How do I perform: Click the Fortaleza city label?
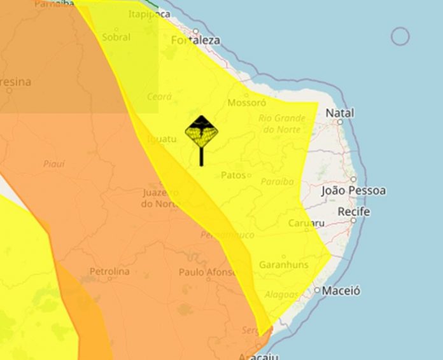click(x=196, y=40)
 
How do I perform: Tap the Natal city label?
click(x=339, y=113)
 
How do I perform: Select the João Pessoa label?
click(x=353, y=191)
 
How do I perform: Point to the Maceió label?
click(x=341, y=291)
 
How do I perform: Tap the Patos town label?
click(x=233, y=175)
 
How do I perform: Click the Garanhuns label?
click(x=283, y=265)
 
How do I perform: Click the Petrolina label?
click(x=109, y=272)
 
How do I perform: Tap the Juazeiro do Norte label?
click(x=159, y=198)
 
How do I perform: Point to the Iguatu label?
click(x=160, y=139)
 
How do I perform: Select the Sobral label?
click(x=116, y=38)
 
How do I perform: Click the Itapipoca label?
click(x=149, y=14)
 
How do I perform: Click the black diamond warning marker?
click(x=202, y=132)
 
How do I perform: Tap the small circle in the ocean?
click(x=400, y=37)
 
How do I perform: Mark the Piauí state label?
click(x=54, y=164)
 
